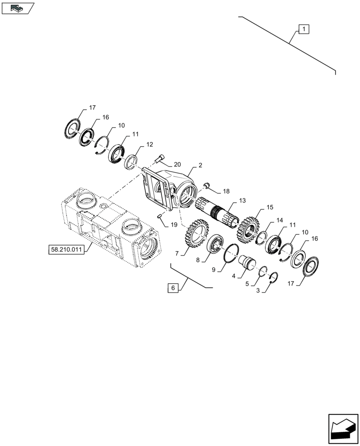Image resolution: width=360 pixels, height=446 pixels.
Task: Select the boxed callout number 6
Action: tap(173, 288)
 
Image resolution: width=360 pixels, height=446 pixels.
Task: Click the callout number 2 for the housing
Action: tap(200, 165)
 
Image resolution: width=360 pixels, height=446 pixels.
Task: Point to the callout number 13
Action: tap(242, 201)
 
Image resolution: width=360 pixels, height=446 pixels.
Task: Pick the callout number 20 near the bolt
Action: tap(172, 164)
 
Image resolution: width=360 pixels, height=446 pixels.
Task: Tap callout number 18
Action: tap(226, 191)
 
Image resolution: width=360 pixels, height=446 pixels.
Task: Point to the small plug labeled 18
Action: tap(206, 185)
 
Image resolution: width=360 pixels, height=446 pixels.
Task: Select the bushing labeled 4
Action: tap(247, 261)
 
